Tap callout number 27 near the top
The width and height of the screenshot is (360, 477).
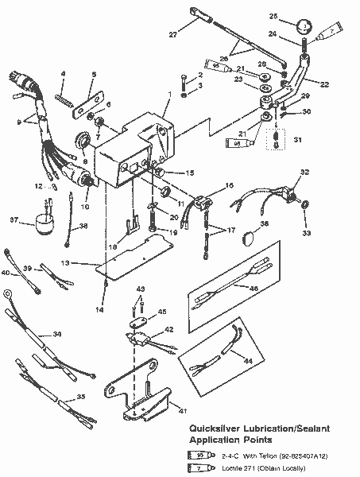point(173,33)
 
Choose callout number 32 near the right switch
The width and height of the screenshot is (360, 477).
point(304,171)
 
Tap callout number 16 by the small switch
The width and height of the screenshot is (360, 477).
point(229,184)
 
